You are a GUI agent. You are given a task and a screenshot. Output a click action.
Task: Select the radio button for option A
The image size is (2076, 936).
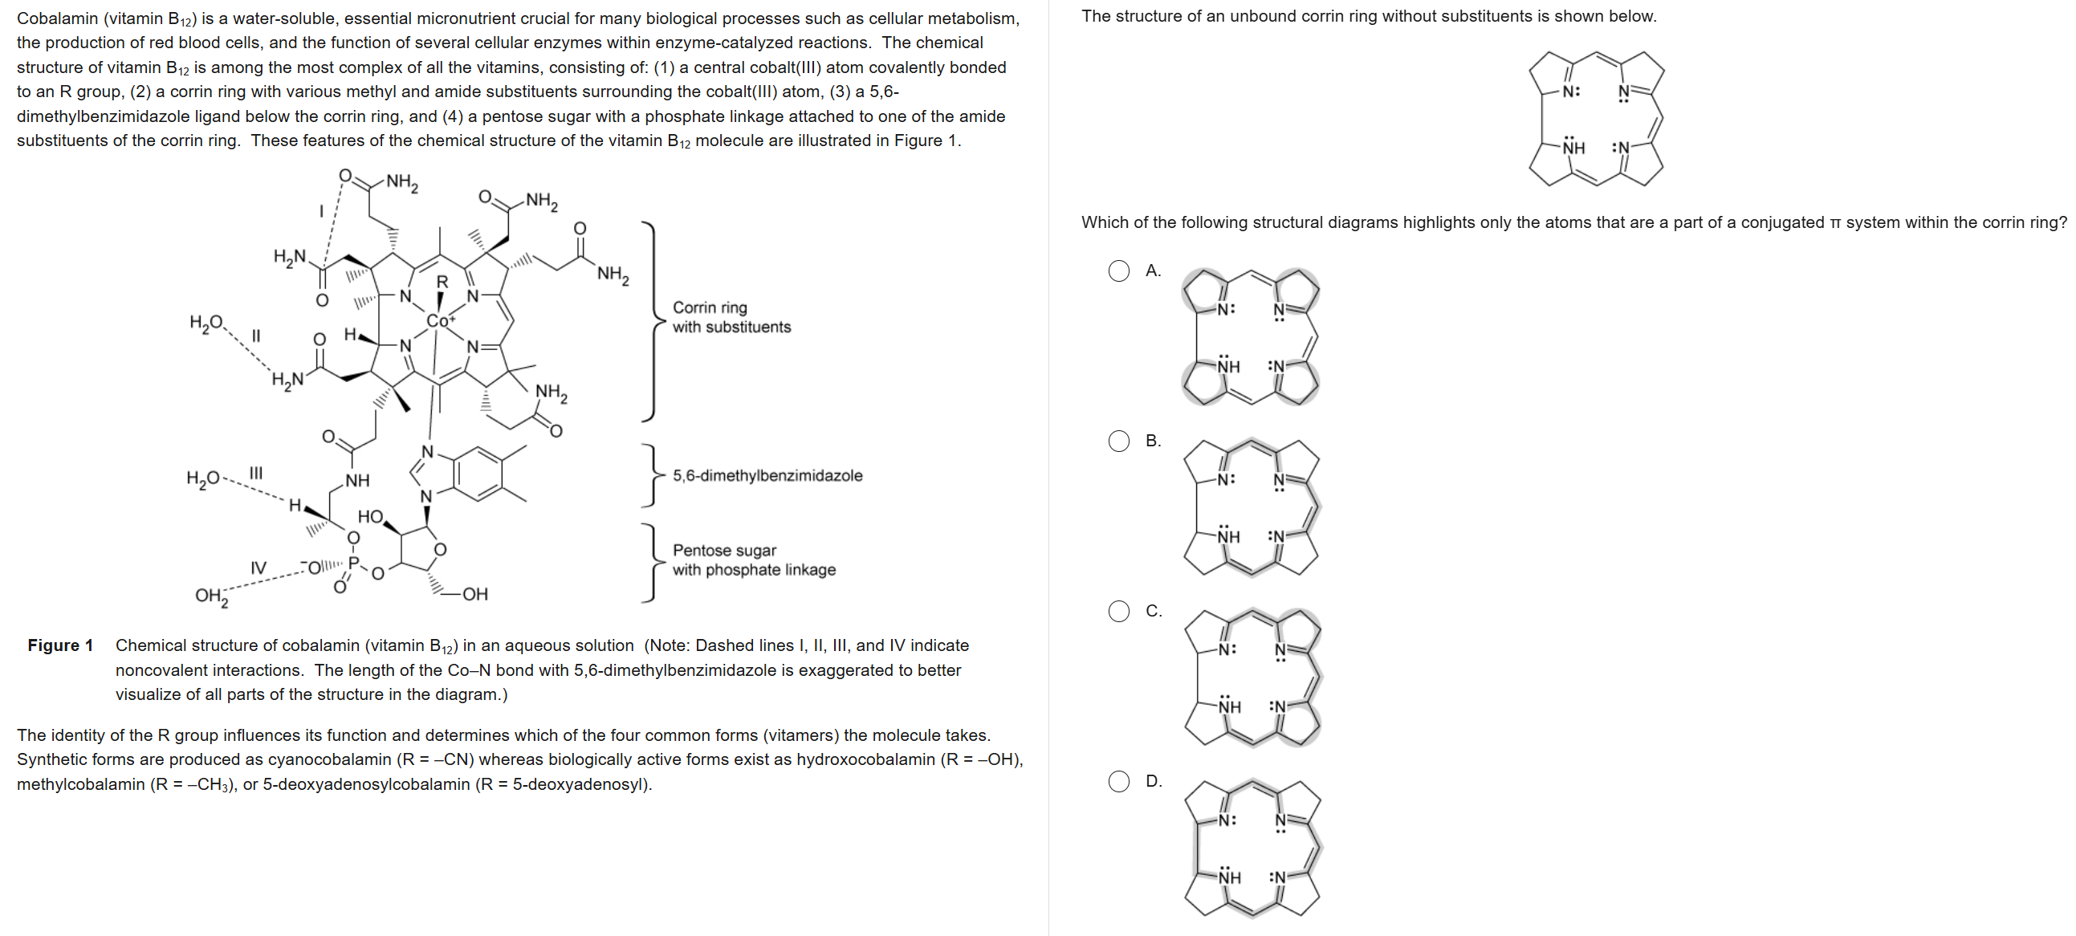1118,271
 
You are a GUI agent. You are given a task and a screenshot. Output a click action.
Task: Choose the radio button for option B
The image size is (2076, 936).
1118,441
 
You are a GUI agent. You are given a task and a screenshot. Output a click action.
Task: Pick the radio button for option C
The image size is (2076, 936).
1118,611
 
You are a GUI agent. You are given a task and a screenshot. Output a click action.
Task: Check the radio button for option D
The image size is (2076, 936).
1118,781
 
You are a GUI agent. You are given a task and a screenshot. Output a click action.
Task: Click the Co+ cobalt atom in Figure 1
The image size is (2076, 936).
439,320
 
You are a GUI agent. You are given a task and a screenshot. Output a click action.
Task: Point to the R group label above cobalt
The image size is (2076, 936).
442,283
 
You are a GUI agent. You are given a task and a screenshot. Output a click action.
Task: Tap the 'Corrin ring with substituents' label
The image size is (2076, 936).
731,317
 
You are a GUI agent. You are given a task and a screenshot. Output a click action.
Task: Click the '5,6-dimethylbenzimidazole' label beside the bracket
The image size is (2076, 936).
767,476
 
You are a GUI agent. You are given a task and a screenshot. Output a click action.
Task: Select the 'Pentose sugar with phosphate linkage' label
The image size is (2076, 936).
754,560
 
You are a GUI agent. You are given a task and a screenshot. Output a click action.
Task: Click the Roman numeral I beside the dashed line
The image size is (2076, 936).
321,211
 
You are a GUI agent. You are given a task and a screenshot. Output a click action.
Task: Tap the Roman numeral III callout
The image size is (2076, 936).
255,473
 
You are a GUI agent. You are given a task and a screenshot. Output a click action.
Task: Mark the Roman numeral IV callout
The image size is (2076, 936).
258,568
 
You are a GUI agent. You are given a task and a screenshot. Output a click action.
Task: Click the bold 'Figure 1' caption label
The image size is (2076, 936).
60,645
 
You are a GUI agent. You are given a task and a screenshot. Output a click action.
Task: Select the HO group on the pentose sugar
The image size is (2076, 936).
370,517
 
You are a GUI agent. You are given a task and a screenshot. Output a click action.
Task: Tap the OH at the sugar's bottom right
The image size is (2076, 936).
474,594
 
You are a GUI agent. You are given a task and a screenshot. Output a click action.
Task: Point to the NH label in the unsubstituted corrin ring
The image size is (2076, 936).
1573,148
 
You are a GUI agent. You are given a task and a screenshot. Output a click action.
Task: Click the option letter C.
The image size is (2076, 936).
1154,611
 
